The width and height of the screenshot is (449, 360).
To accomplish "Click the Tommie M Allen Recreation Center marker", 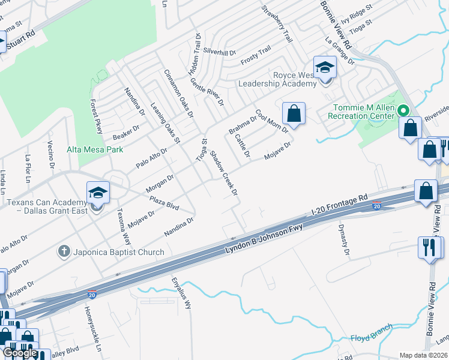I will pos(404,110).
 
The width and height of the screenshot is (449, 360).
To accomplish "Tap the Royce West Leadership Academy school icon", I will pos(325,67).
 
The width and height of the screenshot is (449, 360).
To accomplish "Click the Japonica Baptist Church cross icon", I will pos(64,251).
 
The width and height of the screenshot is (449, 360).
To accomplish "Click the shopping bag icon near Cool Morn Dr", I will pos(294,113).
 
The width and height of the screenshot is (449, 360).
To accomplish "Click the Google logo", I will pos(20,352).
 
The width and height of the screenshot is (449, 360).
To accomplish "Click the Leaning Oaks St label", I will pos(164,122).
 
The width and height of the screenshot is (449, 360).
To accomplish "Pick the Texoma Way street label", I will pos(122,223).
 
